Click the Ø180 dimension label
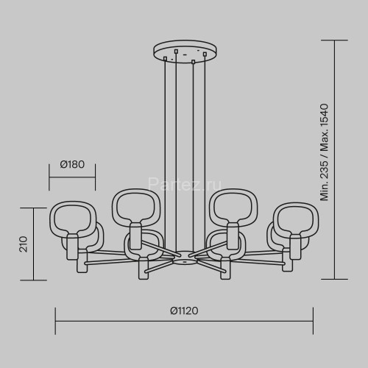(72, 164)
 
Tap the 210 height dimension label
(24, 244)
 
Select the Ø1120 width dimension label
(184, 311)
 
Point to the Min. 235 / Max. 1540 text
(324, 152)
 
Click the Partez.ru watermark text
(185, 185)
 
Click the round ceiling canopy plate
(185, 51)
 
